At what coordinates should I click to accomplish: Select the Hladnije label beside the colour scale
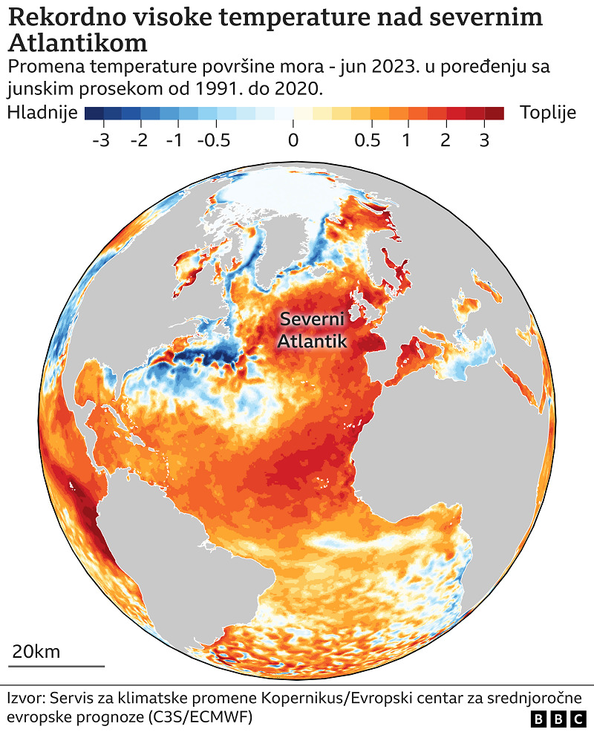click(42, 113)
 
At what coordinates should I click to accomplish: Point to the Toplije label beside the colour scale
click(549, 113)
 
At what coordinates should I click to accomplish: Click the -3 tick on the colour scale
click(100, 140)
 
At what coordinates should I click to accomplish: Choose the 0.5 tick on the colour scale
click(368, 140)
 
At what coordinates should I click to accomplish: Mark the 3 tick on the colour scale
click(483, 140)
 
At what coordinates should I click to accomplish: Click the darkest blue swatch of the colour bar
click(94, 114)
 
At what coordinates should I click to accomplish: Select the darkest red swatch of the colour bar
click(495, 114)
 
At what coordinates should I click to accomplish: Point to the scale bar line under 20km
click(57, 666)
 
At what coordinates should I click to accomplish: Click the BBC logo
click(558, 719)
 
